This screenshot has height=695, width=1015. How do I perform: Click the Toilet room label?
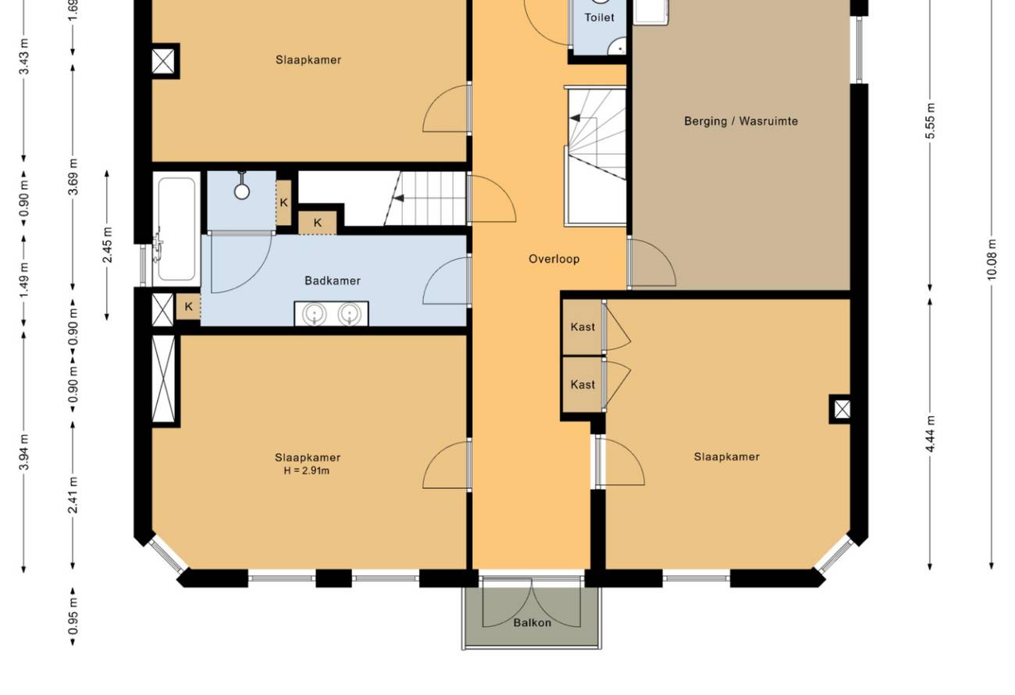click(x=599, y=18)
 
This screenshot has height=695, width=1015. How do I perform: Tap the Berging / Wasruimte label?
click(x=741, y=121)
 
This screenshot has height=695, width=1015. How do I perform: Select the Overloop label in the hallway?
click(x=554, y=259)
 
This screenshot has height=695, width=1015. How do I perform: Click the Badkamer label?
click(x=333, y=281)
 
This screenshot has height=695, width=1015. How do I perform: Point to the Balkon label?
click(x=532, y=623)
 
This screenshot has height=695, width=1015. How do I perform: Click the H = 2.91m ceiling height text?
click(x=307, y=471)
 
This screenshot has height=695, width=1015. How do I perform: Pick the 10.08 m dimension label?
click(x=992, y=259)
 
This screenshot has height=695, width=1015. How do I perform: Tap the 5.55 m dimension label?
click(x=930, y=121)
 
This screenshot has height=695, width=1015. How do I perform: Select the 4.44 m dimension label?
click(x=930, y=434)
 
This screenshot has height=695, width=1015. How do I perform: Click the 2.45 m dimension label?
click(x=108, y=245)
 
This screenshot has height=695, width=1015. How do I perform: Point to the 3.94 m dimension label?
click(x=24, y=452)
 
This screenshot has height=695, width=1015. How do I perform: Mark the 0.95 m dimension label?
click(x=73, y=617)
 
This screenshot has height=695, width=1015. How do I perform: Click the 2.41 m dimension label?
click(x=73, y=495)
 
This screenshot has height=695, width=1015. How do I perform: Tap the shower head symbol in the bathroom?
click(x=241, y=186)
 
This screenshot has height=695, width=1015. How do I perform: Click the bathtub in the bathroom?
click(x=176, y=229)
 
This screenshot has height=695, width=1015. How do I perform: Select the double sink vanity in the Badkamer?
click(x=331, y=313)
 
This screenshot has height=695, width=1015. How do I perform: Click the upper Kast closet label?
click(x=582, y=327)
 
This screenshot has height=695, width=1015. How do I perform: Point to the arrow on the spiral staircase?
click(x=575, y=118)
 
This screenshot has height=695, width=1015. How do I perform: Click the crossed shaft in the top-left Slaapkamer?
click(x=163, y=61)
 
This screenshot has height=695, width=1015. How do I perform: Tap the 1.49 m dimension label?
click(x=24, y=281)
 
